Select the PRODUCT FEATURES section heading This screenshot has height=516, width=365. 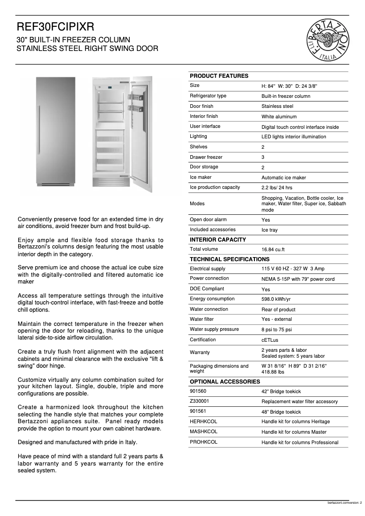[219, 76]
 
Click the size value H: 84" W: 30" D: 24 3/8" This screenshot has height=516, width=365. [289, 86]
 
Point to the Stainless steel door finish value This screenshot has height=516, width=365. [277, 106]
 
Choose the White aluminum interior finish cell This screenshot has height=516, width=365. [279, 117]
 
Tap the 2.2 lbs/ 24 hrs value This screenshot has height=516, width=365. [277, 188]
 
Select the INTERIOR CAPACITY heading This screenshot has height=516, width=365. [218, 240]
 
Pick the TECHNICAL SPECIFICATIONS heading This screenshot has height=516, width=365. [229, 259]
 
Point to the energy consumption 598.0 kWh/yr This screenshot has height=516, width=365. [276, 299]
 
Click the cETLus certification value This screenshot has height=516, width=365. [270, 340]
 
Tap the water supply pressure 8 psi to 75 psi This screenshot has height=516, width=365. [277, 330]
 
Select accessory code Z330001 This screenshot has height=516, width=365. [199, 401]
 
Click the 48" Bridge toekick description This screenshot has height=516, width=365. [281, 412]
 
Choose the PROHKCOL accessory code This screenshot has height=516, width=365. [203, 442]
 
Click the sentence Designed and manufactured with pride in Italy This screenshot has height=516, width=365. [77, 442]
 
